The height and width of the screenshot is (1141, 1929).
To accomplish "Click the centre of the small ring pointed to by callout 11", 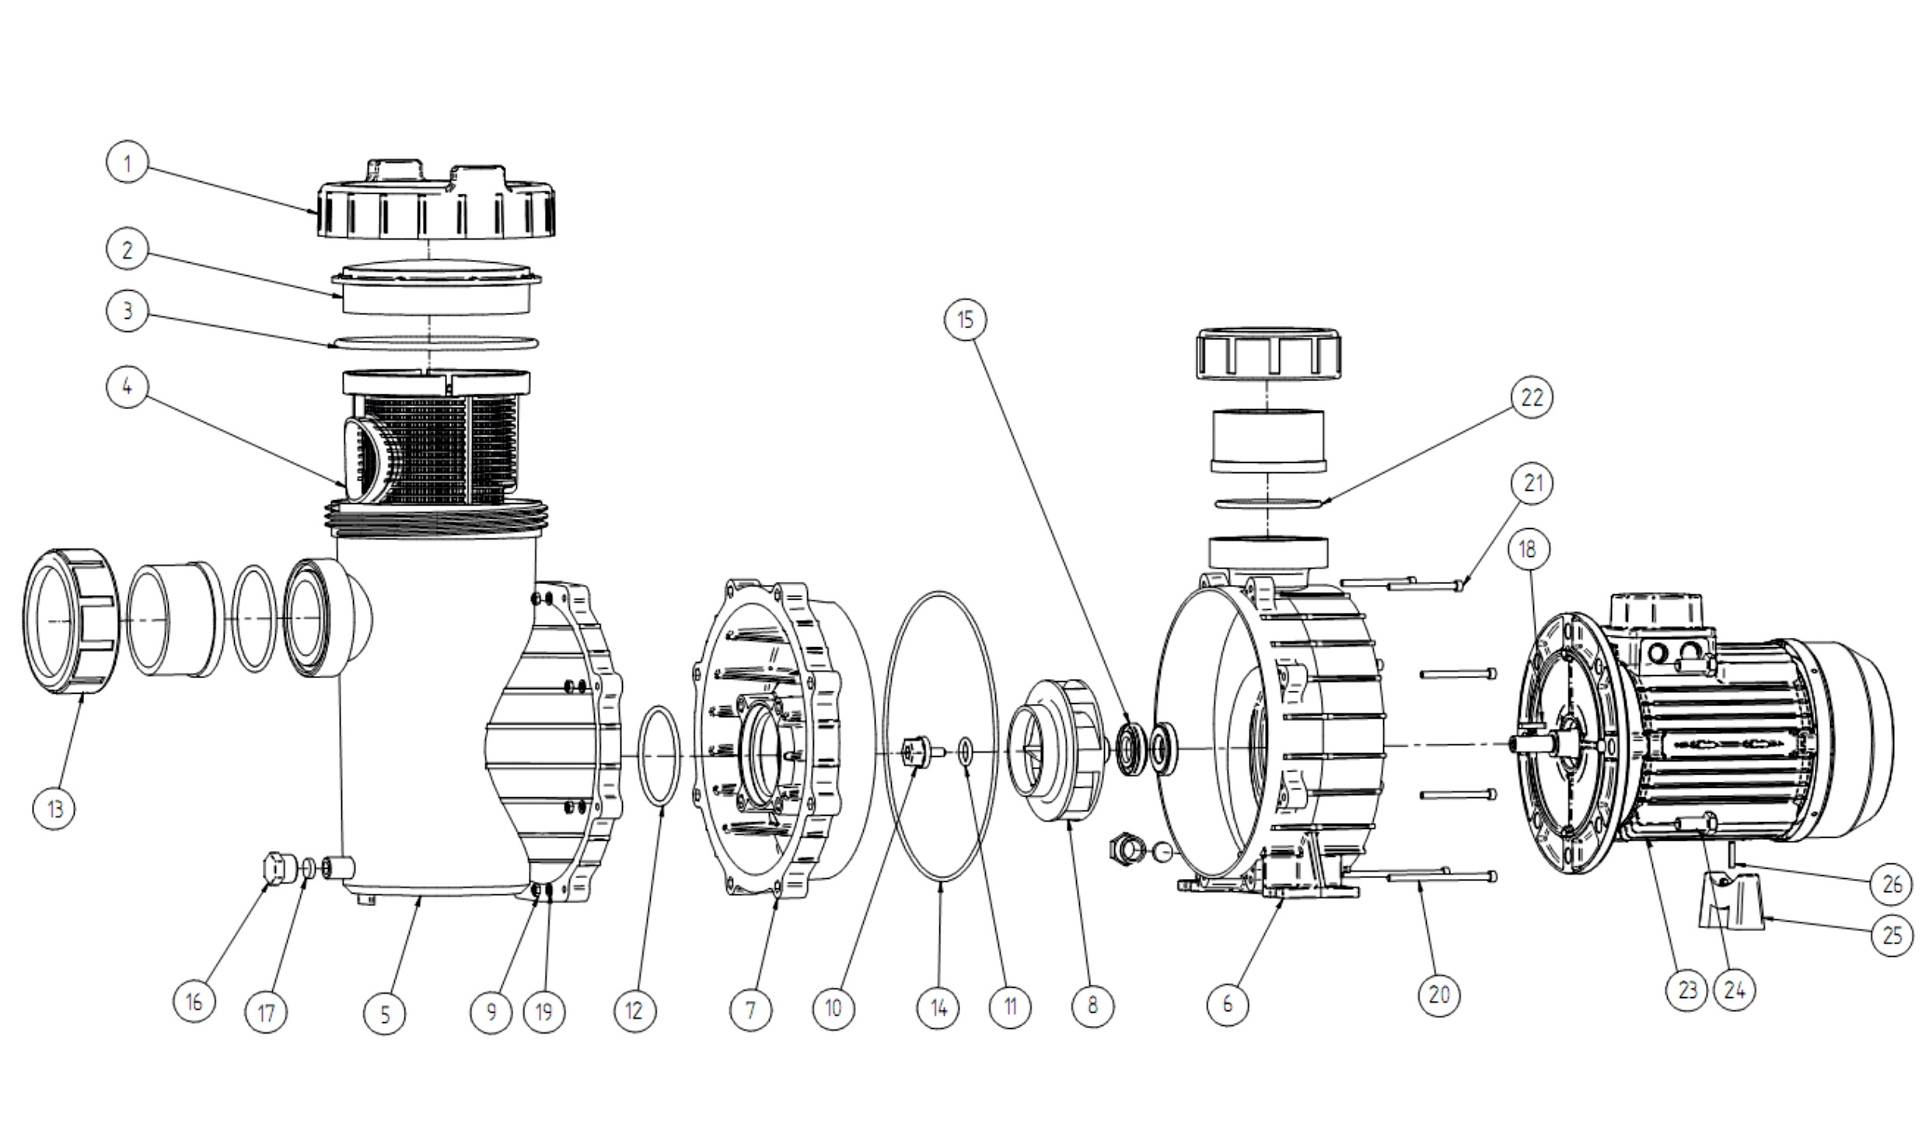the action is click(965, 751).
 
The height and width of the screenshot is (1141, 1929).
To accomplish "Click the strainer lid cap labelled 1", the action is click(436, 199).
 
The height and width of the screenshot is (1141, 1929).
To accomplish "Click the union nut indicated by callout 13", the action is click(72, 621).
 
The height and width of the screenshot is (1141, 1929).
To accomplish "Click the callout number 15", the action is click(965, 320).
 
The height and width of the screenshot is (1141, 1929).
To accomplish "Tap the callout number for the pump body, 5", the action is click(385, 1013).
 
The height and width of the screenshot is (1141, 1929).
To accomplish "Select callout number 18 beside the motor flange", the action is click(1528, 549).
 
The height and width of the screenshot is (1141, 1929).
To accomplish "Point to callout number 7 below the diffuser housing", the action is click(750, 1010).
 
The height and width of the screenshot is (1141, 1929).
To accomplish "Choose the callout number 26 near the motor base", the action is click(1892, 884).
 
